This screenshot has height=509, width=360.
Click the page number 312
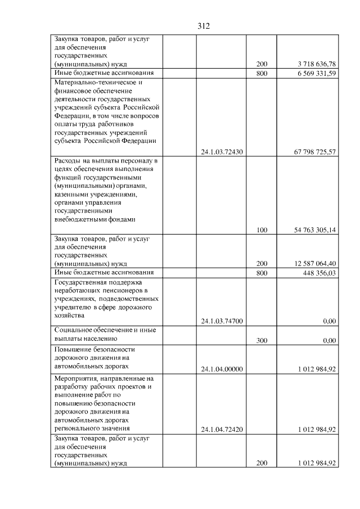[203, 26]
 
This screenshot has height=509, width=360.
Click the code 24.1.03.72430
[221, 151]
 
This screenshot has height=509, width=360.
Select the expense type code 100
[262, 230]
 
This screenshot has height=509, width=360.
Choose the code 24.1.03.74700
[221, 321]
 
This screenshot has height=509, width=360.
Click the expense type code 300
[262, 340]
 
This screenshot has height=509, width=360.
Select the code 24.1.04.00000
[221, 369]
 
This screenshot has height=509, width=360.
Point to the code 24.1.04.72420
[221, 430]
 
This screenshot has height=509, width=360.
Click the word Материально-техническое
[92, 82]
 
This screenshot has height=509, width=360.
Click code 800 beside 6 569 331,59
[262, 73]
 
